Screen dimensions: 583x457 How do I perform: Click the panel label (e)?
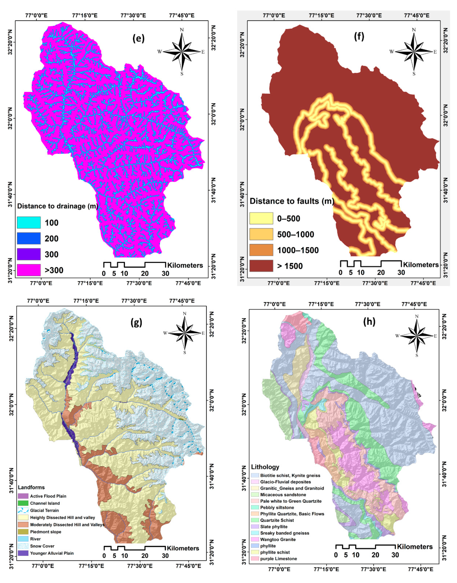tap(138, 39)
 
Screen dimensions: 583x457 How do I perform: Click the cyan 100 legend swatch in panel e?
tap(29, 223)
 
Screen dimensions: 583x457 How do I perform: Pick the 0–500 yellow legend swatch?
tap(261, 218)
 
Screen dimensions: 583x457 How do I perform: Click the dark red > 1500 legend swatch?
tap(261, 266)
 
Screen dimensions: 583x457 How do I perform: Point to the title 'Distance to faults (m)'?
tap(292, 201)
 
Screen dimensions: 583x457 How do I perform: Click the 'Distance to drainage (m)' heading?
tap(57, 206)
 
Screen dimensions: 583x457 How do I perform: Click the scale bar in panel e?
tap(134, 265)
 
